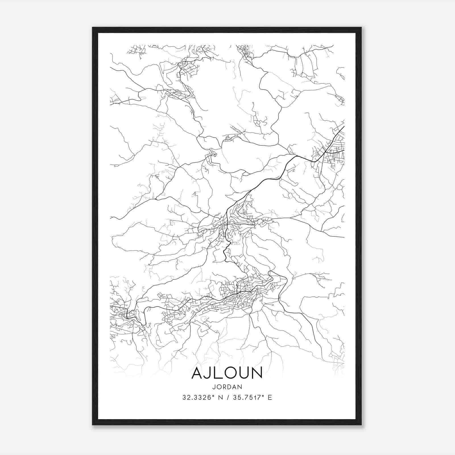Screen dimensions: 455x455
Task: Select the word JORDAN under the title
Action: [227, 387]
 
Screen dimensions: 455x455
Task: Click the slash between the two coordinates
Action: [227, 398]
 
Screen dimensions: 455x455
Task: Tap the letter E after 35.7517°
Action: [270, 398]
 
